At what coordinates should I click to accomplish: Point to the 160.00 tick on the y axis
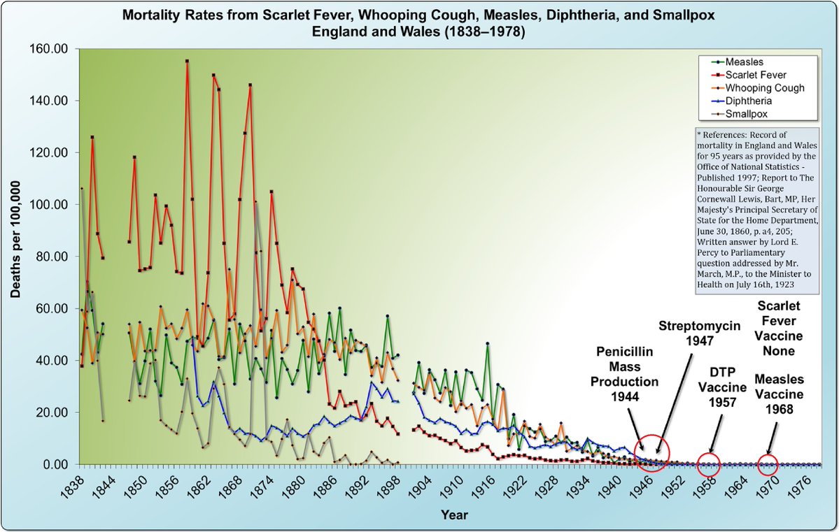(x=55, y=49)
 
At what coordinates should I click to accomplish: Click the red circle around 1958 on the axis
(x=708, y=463)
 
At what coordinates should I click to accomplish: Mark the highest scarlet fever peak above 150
(x=187, y=62)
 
